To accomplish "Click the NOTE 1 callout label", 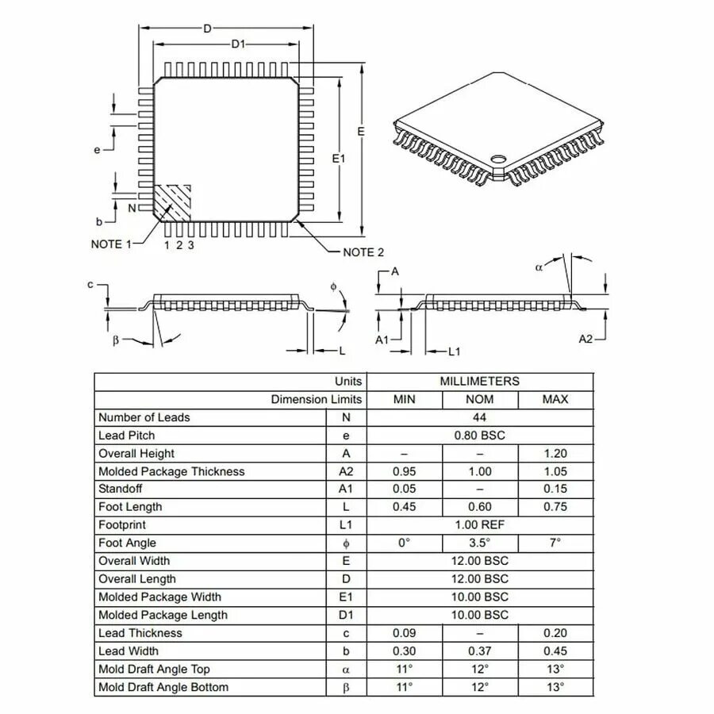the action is [x=110, y=244].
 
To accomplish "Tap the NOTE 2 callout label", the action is [x=363, y=252].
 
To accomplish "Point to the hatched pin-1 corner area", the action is [x=172, y=202].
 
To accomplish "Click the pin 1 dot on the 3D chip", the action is [x=498, y=159].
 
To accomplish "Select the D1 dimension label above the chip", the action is [x=238, y=44].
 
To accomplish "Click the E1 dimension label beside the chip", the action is [x=339, y=159].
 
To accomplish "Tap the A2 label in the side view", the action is [x=585, y=339].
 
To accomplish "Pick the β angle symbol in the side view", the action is [x=116, y=340].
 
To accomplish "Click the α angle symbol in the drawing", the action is [x=539, y=267].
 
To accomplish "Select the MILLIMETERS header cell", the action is [x=479, y=382].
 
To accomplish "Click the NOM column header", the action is [x=479, y=400].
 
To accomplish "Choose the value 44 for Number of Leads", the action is [x=479, y=417].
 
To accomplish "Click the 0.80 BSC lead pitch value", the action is [x=479, y=436].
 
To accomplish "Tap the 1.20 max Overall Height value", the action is [x=555, y=454].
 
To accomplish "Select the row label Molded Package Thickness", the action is [x=171, y=471].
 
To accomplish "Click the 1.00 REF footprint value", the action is [x=479, y=525].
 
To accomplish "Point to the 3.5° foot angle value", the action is [x=479, y=543].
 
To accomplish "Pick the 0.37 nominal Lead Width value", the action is [x=479, y=651].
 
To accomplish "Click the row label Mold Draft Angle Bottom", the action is [x=163, y=687].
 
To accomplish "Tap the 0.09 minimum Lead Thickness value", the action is [x=404, y=633].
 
